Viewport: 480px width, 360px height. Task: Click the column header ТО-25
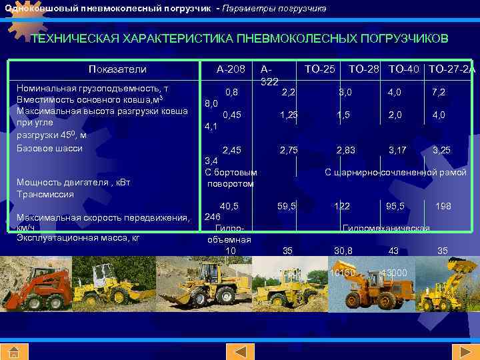tap(320, 69)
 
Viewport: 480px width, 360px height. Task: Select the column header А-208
tap(231, 69)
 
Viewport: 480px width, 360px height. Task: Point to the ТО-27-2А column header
tap(452, 69)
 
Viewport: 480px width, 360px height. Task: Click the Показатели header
tap(117, 69)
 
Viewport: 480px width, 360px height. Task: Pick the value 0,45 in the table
tap(232, 115)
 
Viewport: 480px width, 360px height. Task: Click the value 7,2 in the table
tap(439, 91)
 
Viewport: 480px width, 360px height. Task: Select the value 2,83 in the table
tap(345, 151)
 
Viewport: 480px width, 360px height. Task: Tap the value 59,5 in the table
tap(287, 207)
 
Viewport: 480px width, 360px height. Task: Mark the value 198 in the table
tap(443, 207)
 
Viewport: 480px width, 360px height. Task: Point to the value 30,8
tap(343, 251)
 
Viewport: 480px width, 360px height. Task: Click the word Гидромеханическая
tap(385, 229)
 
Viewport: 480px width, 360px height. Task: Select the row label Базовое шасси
tap(49, 147)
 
